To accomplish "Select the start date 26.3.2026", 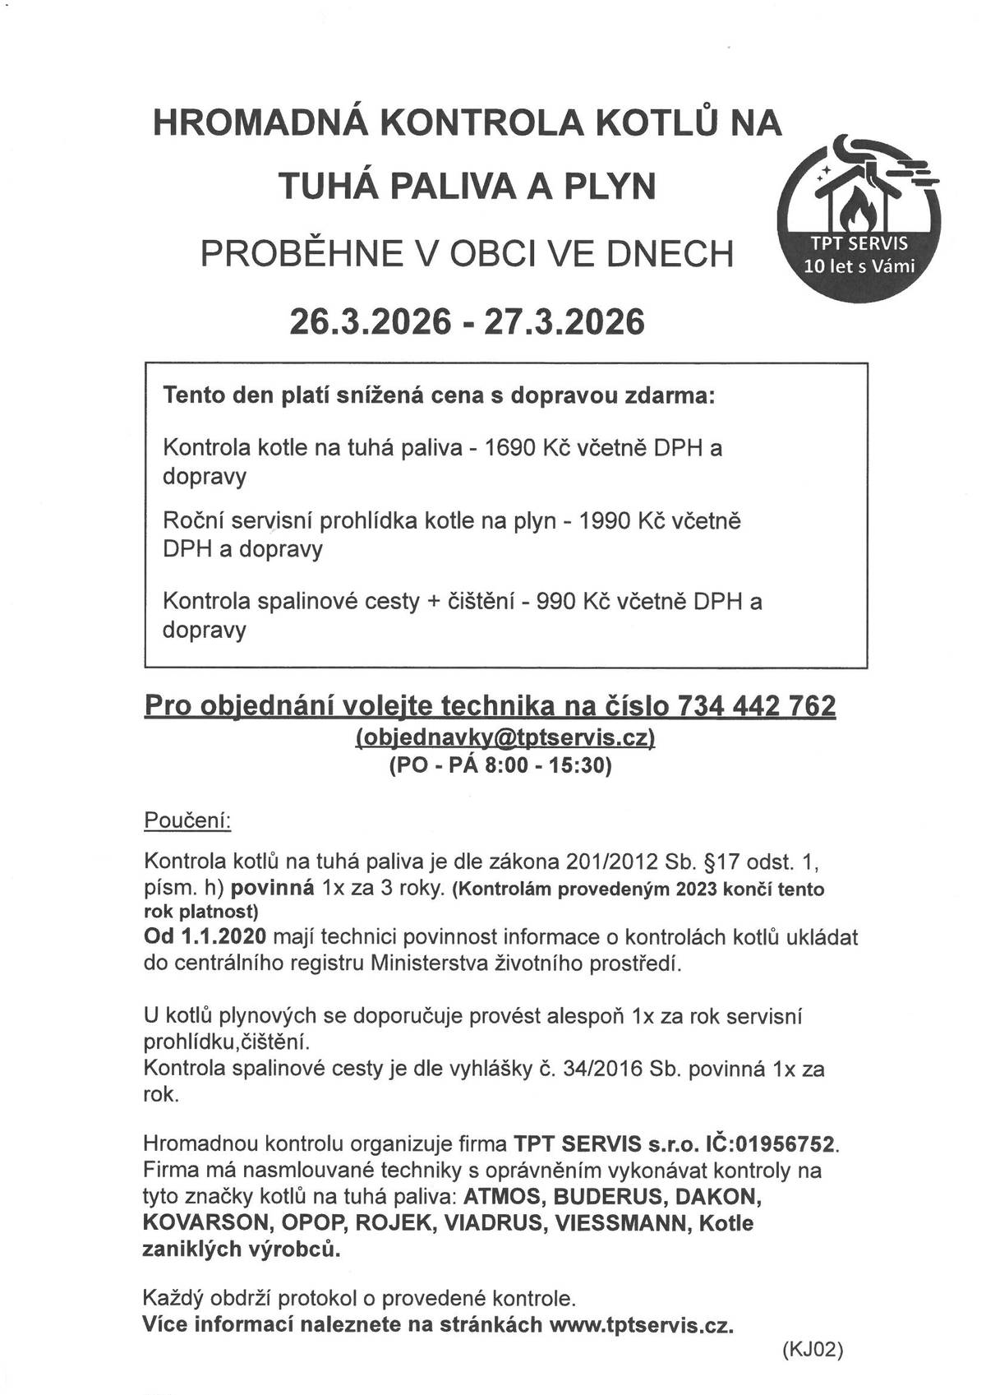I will [370, 321].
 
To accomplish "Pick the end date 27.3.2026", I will [564, 321].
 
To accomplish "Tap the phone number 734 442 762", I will [756, 705].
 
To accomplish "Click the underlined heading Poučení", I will [187, 820].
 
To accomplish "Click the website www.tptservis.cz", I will [640, 1324].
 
